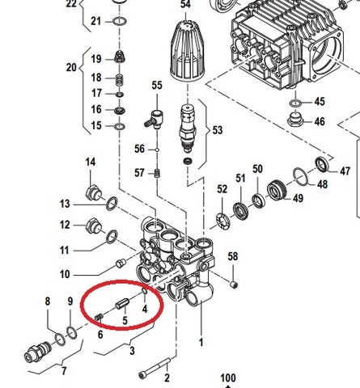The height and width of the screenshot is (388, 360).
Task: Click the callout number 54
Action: point(186,4)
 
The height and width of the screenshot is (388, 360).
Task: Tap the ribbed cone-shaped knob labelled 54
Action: point(188,51)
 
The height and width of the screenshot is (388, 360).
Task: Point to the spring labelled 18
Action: point(120,79)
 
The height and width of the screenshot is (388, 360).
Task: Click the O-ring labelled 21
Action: point(120,21)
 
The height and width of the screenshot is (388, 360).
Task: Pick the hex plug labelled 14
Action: point(93,193)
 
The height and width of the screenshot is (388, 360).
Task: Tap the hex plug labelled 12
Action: point(93,225)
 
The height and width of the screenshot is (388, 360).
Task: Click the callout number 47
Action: point(345,171)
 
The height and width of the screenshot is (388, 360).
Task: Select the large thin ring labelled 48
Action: point(300,177)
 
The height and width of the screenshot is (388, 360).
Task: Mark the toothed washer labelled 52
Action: point(223,221)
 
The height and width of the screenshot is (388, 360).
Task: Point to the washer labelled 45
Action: point(295,103)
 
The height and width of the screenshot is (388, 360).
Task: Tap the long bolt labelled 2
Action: point(155,368)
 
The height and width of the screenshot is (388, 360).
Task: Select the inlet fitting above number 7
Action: point(37,352)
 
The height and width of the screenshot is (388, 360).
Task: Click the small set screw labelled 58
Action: point(234,285)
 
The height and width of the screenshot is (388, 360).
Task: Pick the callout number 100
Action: point(228,378)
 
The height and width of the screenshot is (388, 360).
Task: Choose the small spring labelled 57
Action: point(158,173)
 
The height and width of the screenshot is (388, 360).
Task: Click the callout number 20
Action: point(71,67)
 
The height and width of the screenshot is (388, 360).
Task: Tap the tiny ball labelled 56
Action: point(157,150)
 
